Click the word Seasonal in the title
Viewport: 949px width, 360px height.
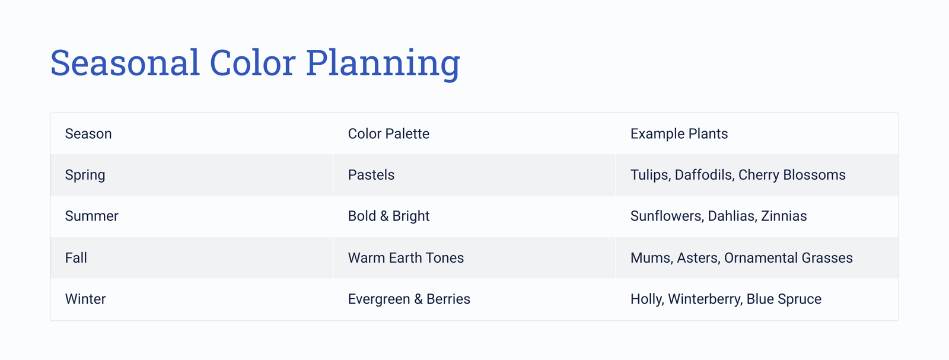(125, 63)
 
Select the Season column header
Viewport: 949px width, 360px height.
(88, 134)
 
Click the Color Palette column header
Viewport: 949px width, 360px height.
(388, 134)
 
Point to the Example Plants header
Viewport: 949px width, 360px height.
(679, 134)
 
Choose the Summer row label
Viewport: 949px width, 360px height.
(92, 216)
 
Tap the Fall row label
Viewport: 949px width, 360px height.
(77, 257)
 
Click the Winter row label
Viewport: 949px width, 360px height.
(85, 299)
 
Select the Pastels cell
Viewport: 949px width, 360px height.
(371, 175)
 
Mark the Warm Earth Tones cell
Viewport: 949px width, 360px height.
(406, 257)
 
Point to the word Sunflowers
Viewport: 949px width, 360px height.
(666, 216)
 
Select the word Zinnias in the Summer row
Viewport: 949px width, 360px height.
(784, 216)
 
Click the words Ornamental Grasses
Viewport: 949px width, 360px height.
(788, 257)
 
